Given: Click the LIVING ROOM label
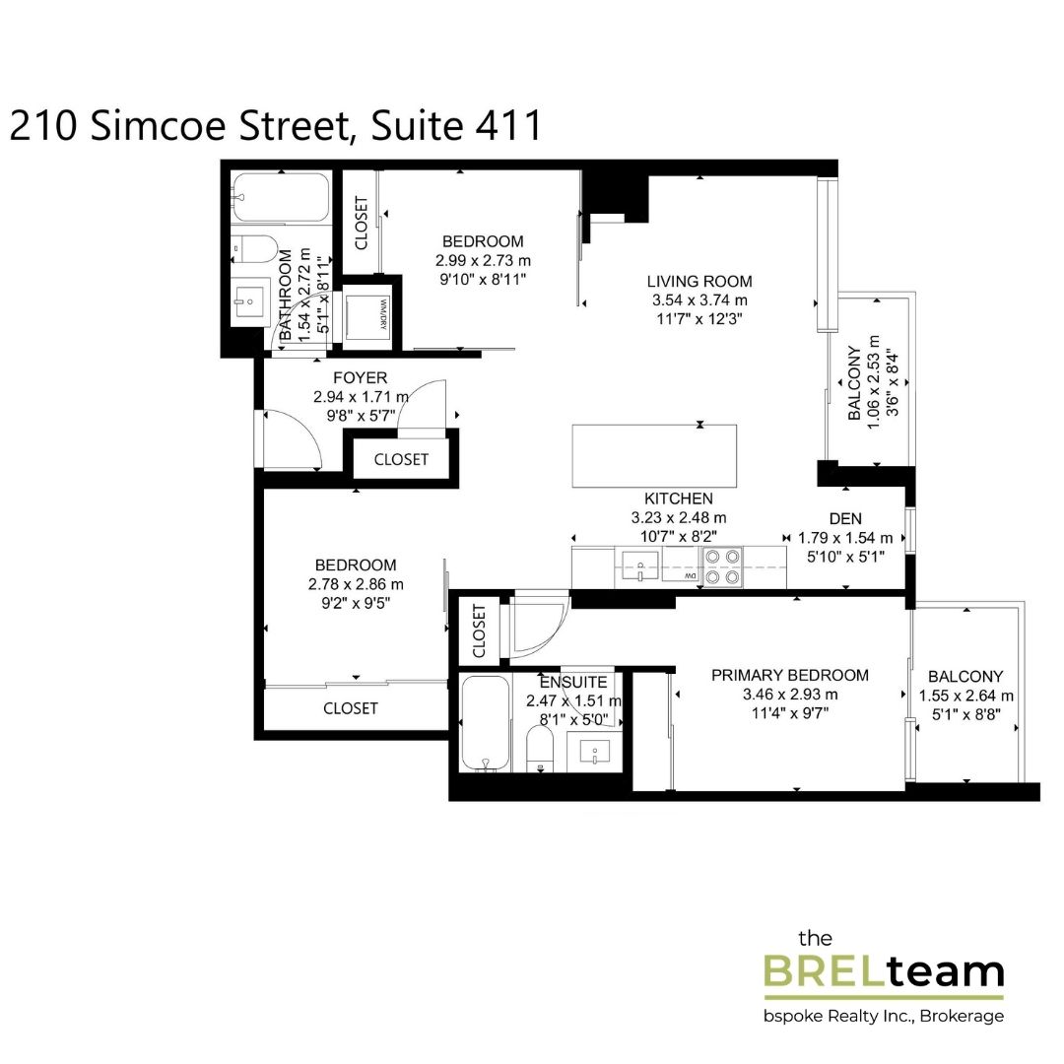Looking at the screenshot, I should point(699,281).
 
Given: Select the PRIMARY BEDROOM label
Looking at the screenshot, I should point(790,675).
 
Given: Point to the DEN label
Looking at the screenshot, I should point(844,518).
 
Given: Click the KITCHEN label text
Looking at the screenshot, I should point(678,499).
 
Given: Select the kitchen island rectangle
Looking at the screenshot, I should point(655,455).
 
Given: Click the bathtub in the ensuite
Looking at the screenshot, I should point(485,723).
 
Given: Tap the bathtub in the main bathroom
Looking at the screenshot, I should point(281,197).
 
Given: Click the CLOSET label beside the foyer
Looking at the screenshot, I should point(401,459).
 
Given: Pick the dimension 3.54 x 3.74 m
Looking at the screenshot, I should point(699,300).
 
